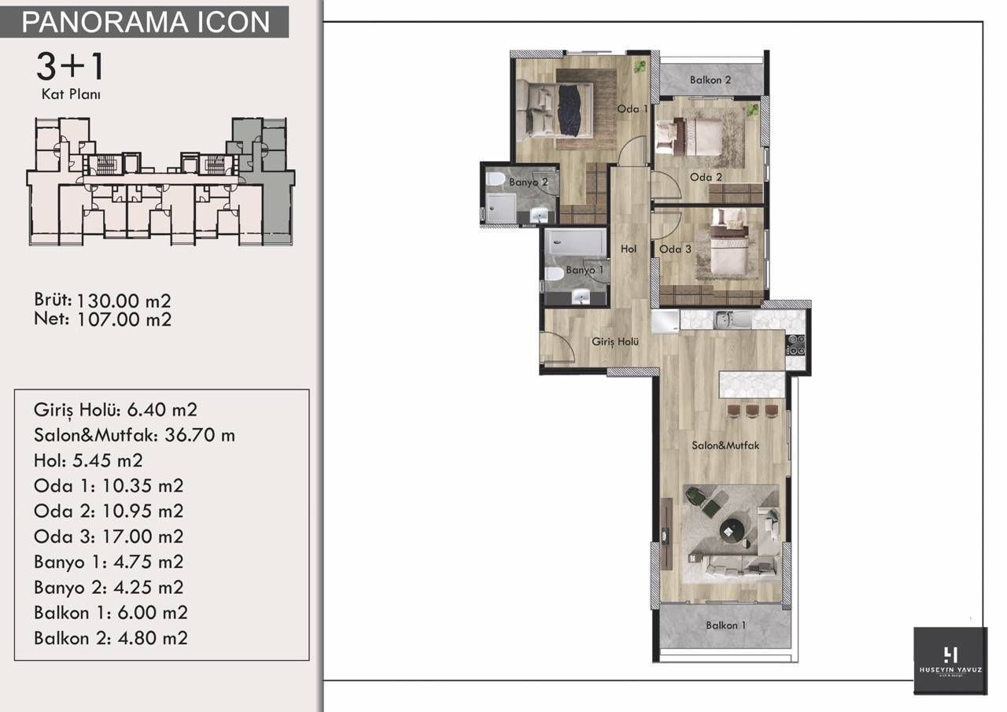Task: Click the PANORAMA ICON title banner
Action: (x=146, y=22)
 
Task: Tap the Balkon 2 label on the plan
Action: (x=710, y=79)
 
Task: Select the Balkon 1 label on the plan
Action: (x=725, y=625)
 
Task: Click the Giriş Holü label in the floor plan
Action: (x=614, y=341)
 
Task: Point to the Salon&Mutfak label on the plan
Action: (x=725, y=445)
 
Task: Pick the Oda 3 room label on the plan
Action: (x=675, y=249)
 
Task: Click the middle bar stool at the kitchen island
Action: (x=753, y=411)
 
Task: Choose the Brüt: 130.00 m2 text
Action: (x=102, y=301)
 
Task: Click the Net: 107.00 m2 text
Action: (x=102, y=319)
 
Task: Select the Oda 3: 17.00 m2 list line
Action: (x=109, y=537)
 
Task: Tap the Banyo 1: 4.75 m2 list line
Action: (x=109, y=562)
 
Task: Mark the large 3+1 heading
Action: (x=70, y=67)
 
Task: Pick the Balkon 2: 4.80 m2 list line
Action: (x=111, y=638)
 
